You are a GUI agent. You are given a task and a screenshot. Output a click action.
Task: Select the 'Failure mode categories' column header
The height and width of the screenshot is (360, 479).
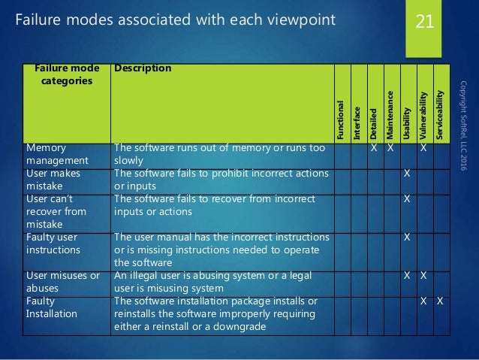coord(64,74)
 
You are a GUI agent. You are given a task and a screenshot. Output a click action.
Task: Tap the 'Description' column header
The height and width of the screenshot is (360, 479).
coord(143,69)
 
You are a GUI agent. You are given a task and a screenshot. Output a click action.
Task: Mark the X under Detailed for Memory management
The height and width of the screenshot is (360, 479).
coord(373,149)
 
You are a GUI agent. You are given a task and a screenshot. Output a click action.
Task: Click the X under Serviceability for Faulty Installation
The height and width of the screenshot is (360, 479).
coord(441,301)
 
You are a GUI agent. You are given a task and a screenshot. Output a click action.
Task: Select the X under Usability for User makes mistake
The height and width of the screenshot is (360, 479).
coord(407,174)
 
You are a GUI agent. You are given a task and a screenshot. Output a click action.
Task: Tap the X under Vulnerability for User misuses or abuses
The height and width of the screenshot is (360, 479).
coord(423,276)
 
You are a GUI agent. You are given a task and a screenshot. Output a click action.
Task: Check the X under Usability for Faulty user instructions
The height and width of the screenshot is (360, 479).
coord(407,237)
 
